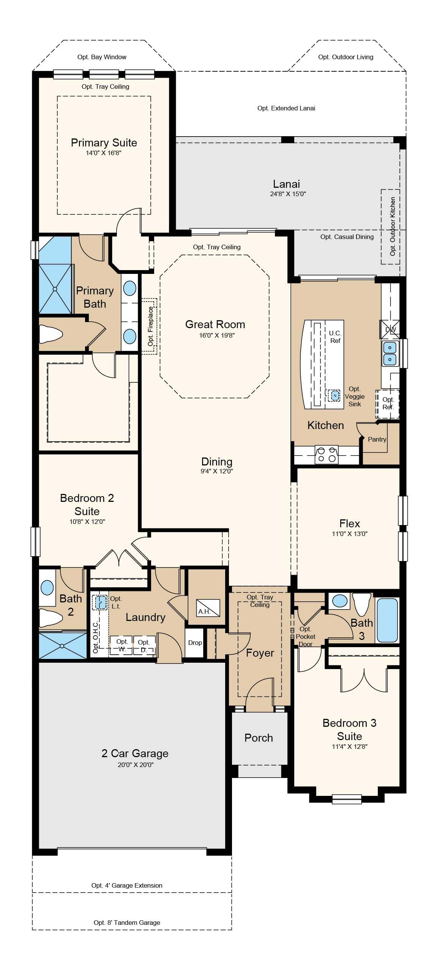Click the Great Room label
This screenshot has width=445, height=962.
click(215, 324)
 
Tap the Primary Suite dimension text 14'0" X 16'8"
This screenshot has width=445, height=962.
click(104, 153)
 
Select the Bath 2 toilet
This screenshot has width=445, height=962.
click(51, 617)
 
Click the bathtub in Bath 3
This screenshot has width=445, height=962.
click(387, 620)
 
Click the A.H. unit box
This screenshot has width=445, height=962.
click(208, 608)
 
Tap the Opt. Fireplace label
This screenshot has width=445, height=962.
click(151, 326)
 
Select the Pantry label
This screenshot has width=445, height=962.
click(377, 439)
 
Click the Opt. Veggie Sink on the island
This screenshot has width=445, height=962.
click(334, 395)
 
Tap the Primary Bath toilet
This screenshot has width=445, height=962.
click(51, 335)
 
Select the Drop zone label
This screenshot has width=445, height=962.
click(195, 643)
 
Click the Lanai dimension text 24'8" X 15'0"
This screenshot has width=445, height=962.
click(286, 194)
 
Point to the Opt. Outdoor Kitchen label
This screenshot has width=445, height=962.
click(393, 226)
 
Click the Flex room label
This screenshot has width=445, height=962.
click(349, 523)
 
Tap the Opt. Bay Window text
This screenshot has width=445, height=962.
click(102, 57)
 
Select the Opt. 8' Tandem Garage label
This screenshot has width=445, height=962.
click(127, 923)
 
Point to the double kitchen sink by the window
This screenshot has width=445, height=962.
click(390, 353)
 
